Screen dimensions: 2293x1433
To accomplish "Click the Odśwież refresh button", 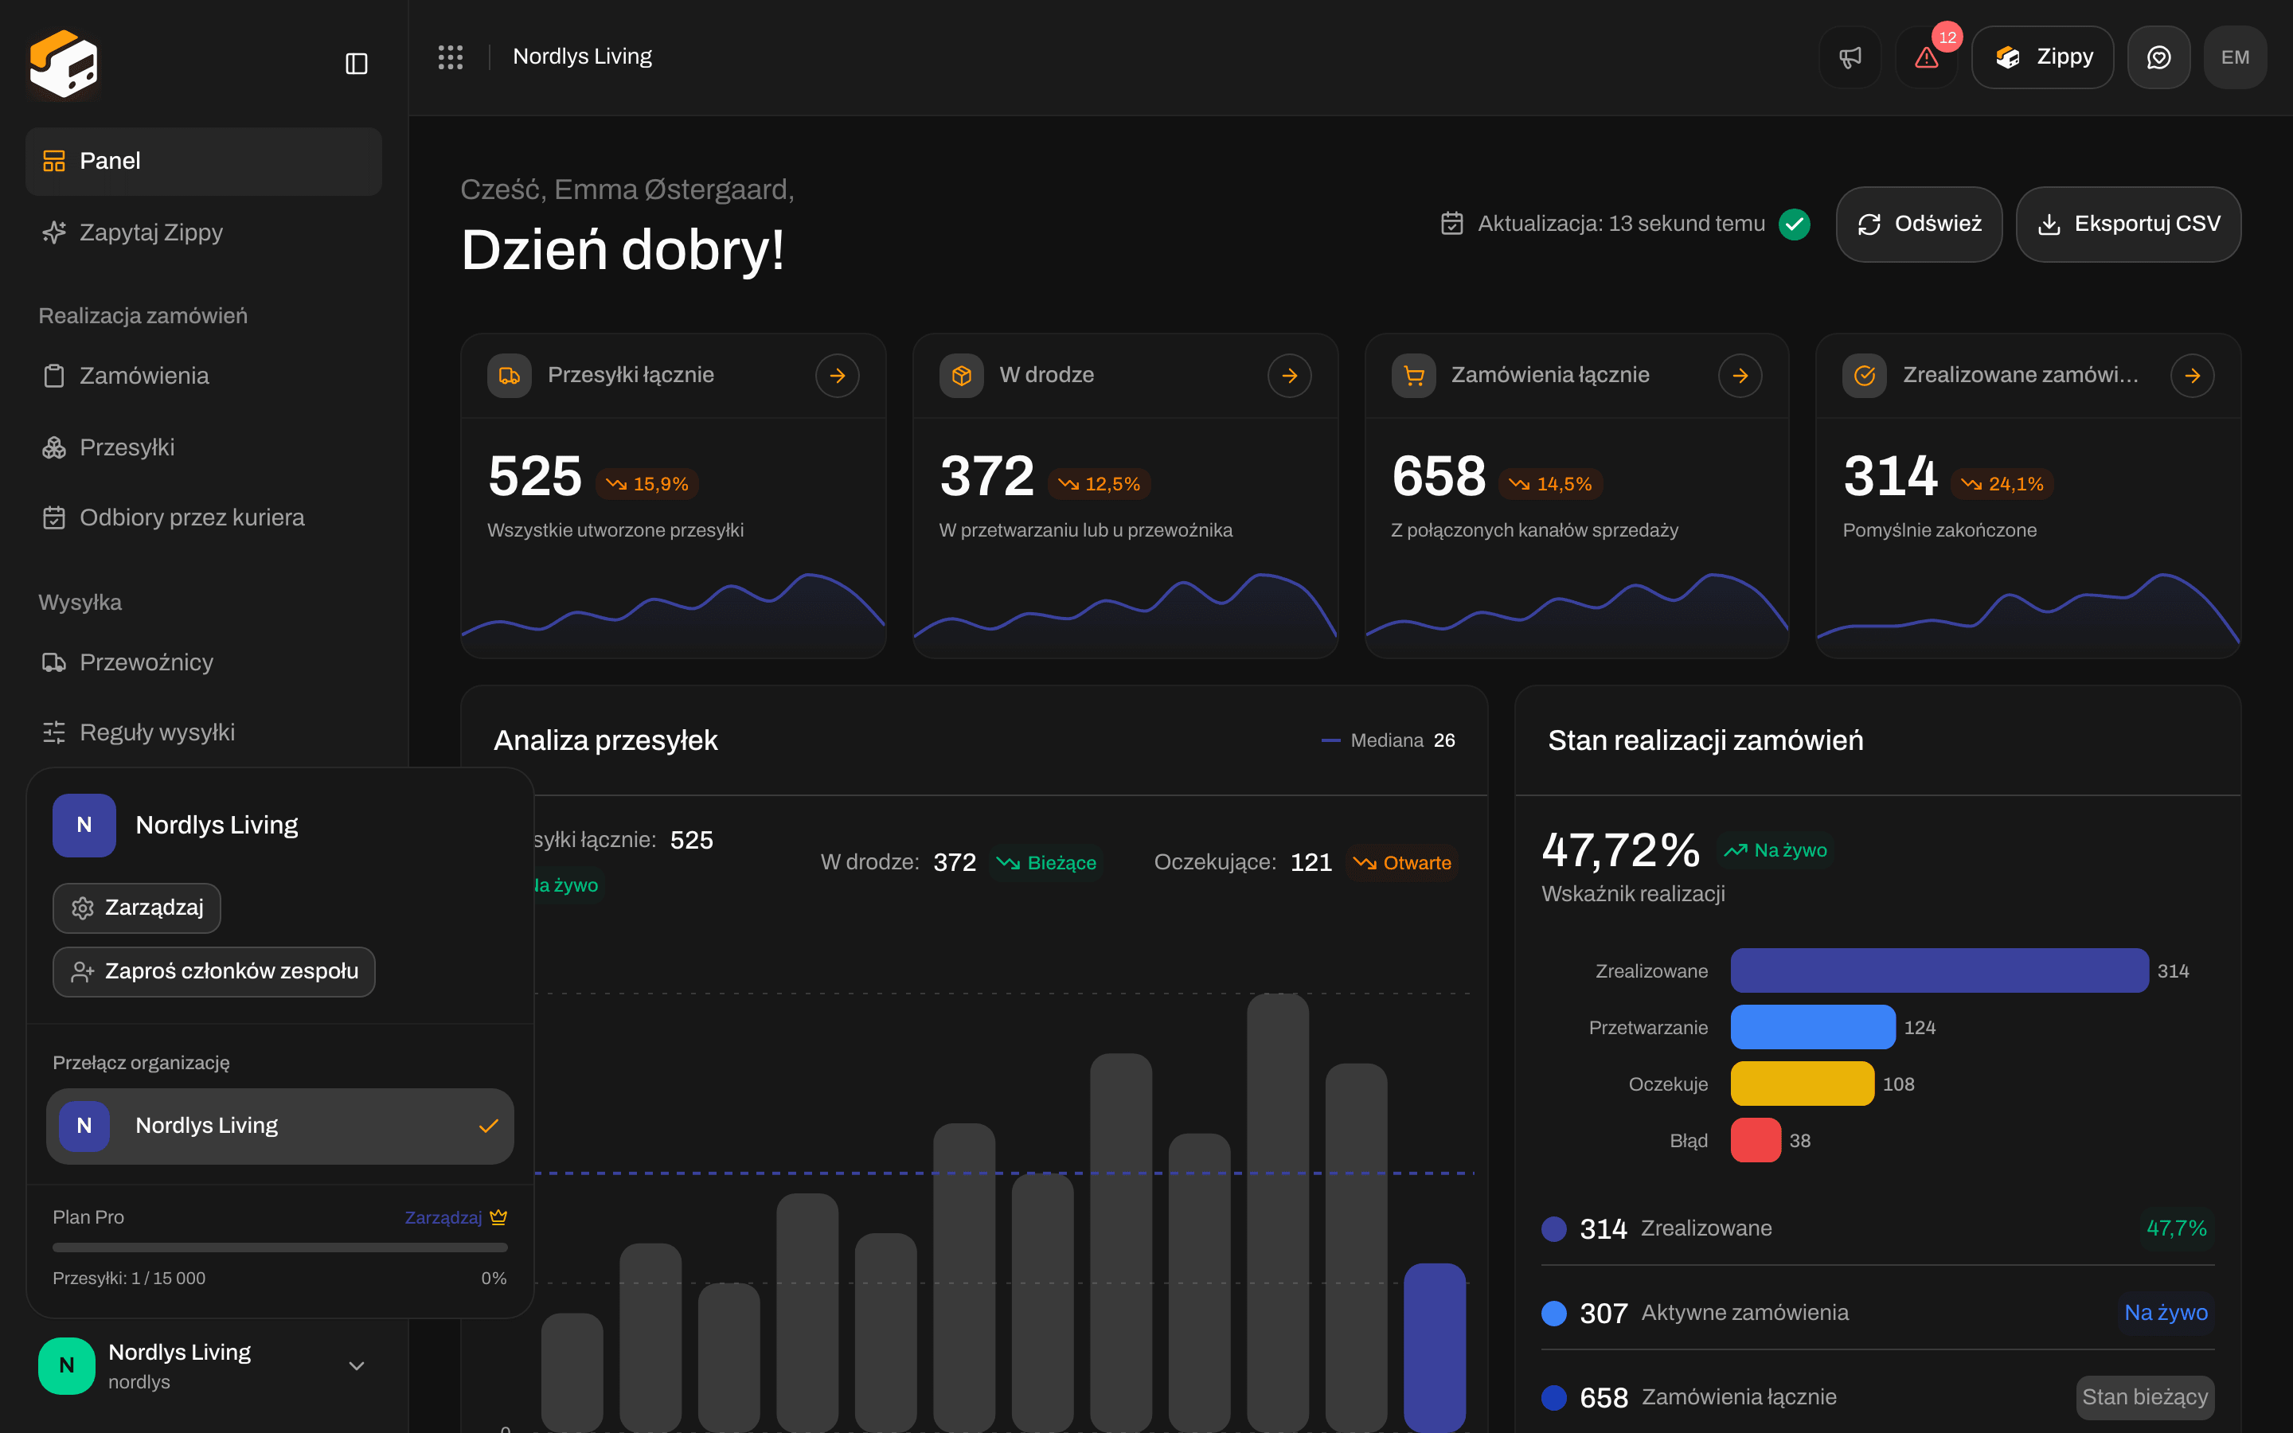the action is [1918, 224].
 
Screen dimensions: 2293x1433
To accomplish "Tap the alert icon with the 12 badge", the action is [1926, 58].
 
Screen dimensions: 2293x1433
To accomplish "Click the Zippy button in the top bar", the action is [2042, 58].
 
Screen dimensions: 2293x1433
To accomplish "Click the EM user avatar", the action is [2234, 58].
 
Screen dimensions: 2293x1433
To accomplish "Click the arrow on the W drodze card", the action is [1289, 377].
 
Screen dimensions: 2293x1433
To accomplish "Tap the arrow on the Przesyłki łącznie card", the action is [837, 377].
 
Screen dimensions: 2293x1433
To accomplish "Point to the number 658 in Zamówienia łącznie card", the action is [1439, 476].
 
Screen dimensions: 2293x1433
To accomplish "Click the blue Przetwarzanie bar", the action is [1813, 1027].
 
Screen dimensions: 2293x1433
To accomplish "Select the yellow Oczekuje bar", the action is [1803, 1084].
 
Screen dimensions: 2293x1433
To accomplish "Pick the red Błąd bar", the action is [1756, 1140].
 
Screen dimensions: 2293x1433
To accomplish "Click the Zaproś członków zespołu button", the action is [214, 971].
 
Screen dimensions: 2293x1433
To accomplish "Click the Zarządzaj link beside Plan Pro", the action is [443, 1217].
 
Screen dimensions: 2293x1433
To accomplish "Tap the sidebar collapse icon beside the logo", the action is [356, 64].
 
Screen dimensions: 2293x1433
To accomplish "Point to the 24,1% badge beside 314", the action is [2002, 484].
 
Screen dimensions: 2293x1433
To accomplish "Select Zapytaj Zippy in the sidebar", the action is [151, 232].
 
